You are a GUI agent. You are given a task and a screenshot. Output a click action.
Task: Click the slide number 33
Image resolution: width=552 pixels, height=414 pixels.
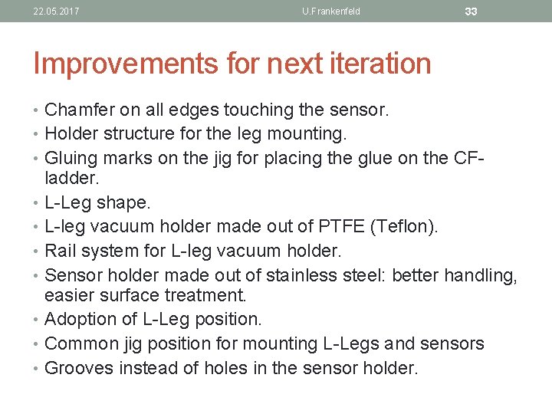(x=472, y=11)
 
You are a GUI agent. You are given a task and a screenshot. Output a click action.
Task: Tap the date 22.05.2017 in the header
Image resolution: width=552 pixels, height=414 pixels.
(x=56, y=11)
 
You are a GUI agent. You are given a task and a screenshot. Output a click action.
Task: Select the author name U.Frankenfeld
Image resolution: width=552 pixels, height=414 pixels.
(x=331, y=11)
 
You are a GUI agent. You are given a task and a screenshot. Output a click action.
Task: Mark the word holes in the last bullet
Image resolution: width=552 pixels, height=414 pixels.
(x=225, y=367)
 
